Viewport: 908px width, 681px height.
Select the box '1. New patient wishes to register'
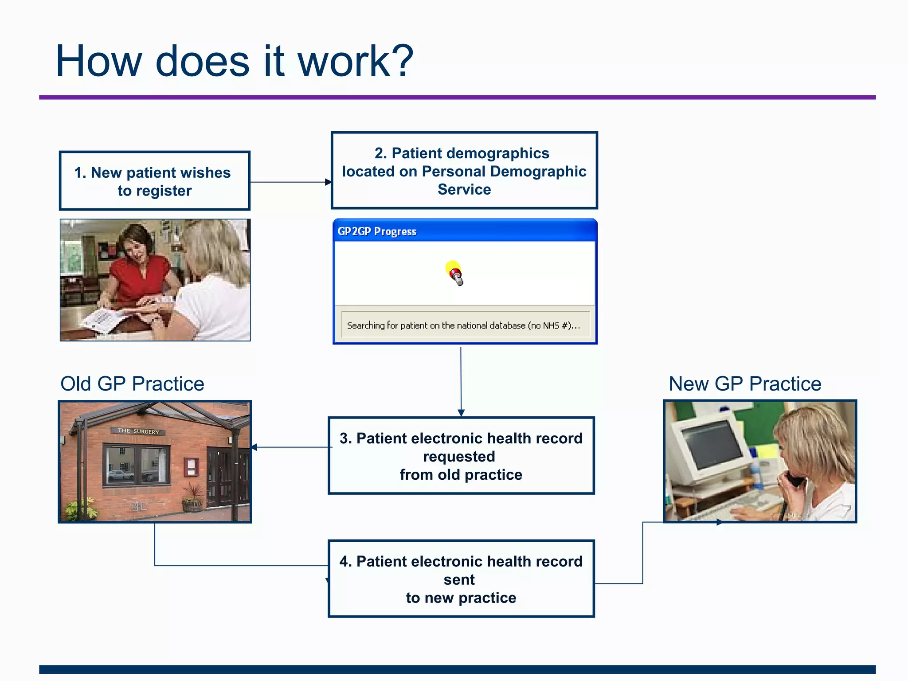coord(154,181)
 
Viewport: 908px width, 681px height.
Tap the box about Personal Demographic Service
coord(464,171)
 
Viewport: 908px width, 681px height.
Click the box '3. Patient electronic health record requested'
coord(461,456)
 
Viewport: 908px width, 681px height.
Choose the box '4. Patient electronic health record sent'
coord(461,579)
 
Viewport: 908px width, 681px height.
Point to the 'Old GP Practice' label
coord(132,384)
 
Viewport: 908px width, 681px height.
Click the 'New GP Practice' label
coord(745,384)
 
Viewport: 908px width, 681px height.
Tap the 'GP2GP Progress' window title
coord(377,231)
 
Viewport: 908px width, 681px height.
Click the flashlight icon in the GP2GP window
coord(454,273)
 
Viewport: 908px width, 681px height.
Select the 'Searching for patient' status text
coord(463,325)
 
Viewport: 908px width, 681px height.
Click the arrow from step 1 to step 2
coord(290,182)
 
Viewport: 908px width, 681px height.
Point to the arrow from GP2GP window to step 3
coord(461,381)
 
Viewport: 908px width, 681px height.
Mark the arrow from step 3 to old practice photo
coord(290,447)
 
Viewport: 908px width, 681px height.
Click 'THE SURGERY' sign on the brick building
coord(138,431)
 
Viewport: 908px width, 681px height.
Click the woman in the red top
coord(137,266)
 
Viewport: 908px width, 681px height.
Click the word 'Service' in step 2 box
coord(464,189)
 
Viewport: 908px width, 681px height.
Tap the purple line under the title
coord(457,97)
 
